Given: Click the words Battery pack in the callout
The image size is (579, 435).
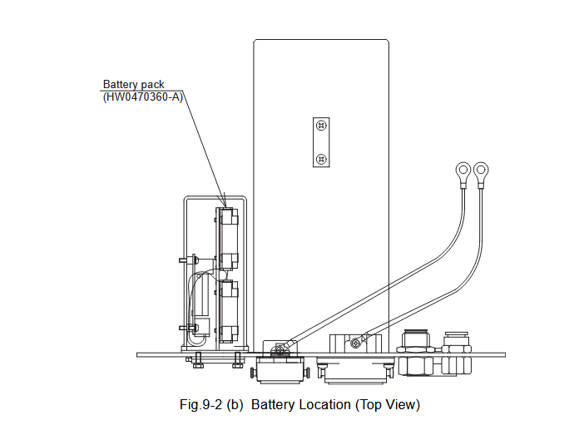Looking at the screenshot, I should coord(133,85).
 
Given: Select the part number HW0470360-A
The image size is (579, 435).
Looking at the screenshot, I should coord(142,97).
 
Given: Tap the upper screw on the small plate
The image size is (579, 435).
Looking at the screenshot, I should coord(322,126).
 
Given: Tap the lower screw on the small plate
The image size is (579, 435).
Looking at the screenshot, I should coord(322,158).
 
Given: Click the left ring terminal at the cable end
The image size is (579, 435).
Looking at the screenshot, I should coord(461,172).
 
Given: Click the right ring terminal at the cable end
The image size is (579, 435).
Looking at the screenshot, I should coord(481,172).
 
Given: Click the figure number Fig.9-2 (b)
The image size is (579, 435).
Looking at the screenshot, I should coord(212,405).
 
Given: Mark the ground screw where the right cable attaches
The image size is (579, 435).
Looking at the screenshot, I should coord(356,342).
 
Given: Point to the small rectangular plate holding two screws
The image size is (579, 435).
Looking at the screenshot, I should coord(322,142).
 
